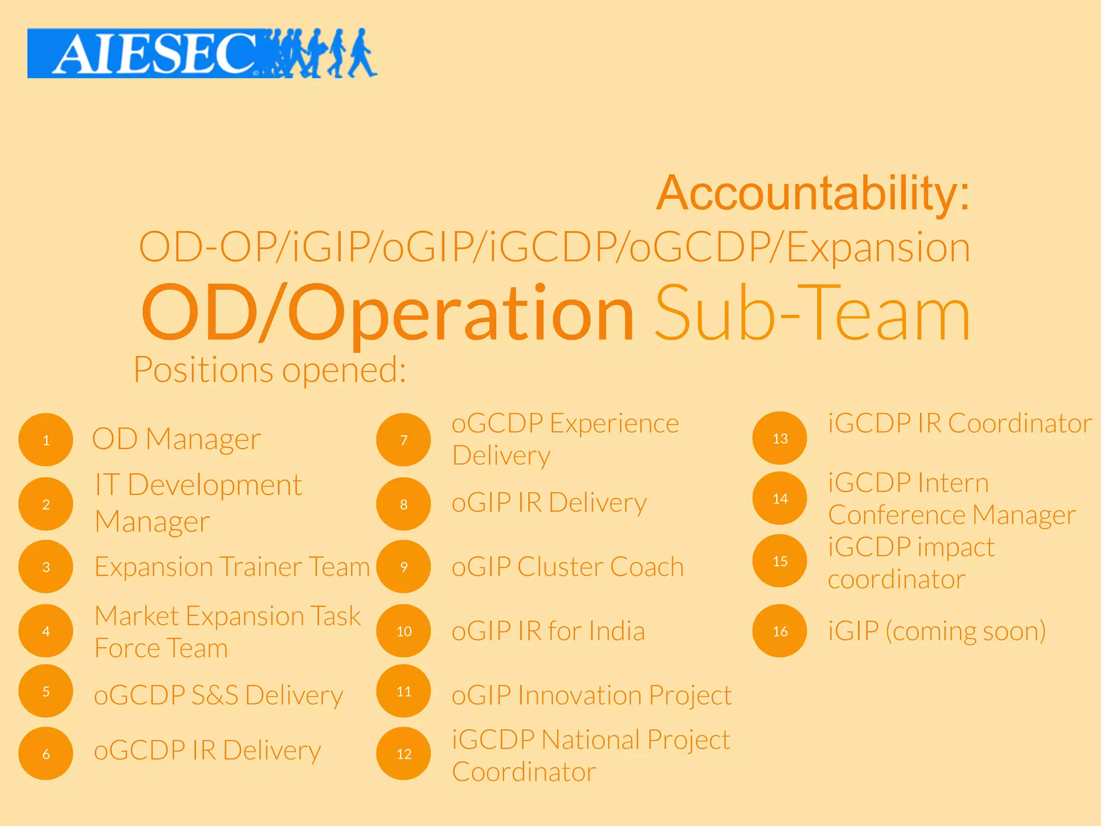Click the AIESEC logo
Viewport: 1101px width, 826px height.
tap(202, 53)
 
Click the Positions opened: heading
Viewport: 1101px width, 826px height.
tap(269, 370)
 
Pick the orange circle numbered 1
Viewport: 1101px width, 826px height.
tap(46, 439)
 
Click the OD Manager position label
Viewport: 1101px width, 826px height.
tap(176, 439)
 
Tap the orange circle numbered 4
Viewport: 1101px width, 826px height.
tap(46, 631)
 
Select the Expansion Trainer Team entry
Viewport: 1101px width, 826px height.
tap(232, 567)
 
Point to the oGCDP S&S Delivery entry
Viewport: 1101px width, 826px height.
tap(218, 695)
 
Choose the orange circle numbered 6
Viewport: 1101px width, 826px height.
tap(46, 753)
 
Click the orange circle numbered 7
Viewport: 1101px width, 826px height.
tap(404, 439)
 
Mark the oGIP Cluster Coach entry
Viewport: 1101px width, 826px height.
tap(568, 567)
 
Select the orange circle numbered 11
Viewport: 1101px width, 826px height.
tap(404, 691)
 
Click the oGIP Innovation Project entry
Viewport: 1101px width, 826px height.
tap(591, 695)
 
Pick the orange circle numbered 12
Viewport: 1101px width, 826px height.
tap(404, 753)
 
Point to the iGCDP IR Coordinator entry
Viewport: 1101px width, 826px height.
tap(960, 423)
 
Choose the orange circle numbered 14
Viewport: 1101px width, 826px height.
tap(780, 498)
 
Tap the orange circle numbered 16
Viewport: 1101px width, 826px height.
tap(780, 631)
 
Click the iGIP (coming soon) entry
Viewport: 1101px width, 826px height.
tap(936, 631)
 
